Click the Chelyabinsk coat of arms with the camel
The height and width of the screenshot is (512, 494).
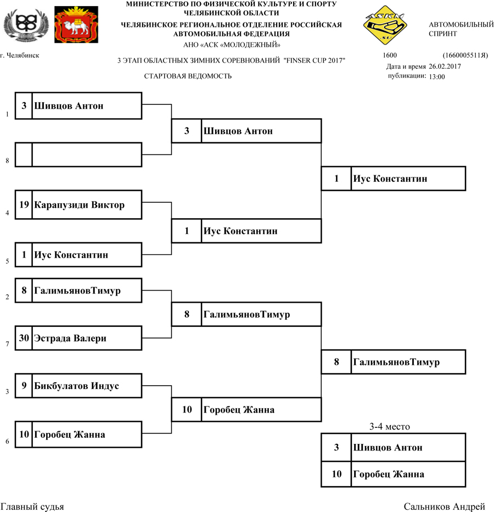point(77,25)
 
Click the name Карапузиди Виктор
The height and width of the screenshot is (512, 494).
point(80,205)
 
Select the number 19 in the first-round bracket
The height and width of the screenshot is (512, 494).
point(24,205)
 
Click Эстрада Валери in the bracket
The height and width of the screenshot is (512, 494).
point(70,338)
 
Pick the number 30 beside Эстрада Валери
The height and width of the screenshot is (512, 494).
point(24,338)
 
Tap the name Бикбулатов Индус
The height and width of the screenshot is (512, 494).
point(76,386)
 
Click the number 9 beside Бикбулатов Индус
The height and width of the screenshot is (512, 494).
point(24,386)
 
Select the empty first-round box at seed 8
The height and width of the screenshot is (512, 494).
point(87,154)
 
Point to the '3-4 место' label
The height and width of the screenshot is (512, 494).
point(390,427)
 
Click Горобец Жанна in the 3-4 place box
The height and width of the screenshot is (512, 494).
point(389,475)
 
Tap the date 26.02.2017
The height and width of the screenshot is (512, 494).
point(445,66)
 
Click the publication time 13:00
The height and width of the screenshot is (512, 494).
point(437,77)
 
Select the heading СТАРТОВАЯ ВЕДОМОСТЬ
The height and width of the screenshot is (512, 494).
point(188,76)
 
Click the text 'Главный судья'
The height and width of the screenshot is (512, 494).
point(32,507)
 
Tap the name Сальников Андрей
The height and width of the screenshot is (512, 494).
point(444,507)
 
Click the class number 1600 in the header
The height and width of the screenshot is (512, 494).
point(390,55)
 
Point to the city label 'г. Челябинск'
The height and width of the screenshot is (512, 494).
point(20,55)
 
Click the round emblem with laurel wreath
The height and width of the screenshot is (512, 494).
point(26,25)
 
